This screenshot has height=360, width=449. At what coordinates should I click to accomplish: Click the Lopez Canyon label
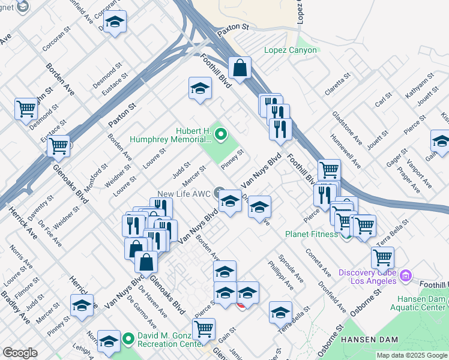tap(291, 50)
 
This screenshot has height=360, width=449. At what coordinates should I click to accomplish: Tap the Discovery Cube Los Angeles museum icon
tap(406, 275)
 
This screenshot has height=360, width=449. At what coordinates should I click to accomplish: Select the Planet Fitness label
tap(311, 234)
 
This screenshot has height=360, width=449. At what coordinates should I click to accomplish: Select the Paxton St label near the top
tap(233, 27)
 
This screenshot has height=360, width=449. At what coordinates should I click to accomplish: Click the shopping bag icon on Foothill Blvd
tap(240, 67)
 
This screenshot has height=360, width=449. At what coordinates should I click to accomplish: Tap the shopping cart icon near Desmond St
tap(26, 109)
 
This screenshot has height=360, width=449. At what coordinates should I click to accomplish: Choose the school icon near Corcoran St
tap(114, 22)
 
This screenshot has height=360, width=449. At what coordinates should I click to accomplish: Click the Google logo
tap(20, 353)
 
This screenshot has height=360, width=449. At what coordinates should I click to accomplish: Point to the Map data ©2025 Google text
tap(412, 355)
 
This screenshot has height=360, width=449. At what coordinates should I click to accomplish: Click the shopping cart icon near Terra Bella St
tap(382, 256)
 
